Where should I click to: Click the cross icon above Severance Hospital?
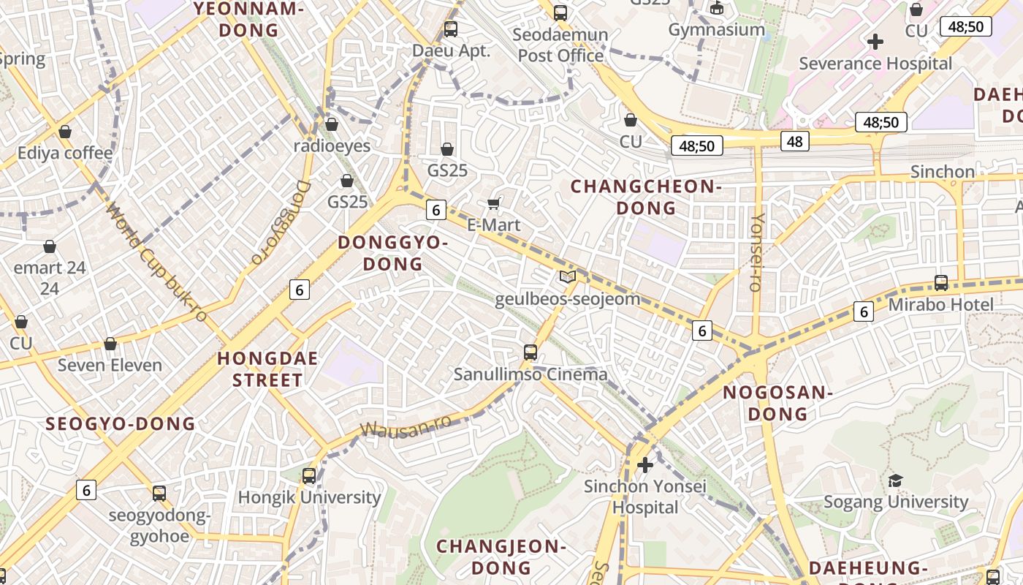coord(875,42)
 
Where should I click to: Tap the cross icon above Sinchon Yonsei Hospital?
coord(645,464)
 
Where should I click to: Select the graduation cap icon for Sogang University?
coord(895,480)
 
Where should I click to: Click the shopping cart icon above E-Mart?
coord(494,203)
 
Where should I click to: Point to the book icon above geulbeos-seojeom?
coord(567,276)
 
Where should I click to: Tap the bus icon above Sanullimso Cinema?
coord(530,352)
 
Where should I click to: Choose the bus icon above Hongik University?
coord(309,476)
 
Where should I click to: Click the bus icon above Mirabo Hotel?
coord(941,282)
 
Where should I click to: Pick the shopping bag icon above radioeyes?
coord(332,124)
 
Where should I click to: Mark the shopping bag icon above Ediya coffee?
coord(65,132)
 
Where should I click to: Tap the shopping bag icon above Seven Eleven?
coord(110,343)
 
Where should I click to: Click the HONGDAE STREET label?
coord(259,369)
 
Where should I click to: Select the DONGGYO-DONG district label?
coord(392,253)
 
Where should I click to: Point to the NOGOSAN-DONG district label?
coord(777,403)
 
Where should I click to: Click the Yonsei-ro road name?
coord(757,252)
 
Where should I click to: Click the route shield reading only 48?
coord(794,140)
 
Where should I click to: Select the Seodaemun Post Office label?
coord(560,45)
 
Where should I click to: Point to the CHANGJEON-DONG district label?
coord(501,556)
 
